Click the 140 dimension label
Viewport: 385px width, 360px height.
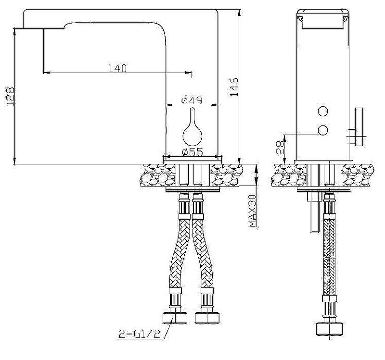click(117, 68)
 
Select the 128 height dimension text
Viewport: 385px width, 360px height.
click(10, 97)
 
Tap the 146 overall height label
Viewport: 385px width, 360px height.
click(234, 87)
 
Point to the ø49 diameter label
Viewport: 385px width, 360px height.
click(192, 100)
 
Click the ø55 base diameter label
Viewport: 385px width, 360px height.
click(192, 152)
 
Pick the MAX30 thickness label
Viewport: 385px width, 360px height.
click(252, 211)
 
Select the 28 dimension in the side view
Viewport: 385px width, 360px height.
click(280, 148)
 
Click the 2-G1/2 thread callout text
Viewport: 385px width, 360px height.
click(140, 334)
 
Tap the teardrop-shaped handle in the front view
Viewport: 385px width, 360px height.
click(192, 130)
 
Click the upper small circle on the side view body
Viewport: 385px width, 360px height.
click(322, 112)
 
